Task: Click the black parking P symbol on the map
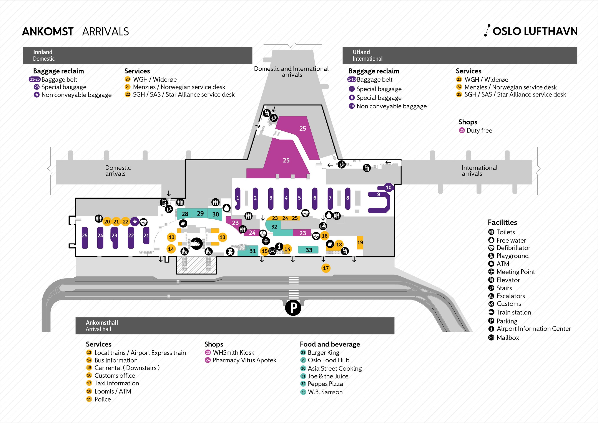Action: pos(293,308)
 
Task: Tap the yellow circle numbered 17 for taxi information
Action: pos(326,268)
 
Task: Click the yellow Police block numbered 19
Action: pos(360,242)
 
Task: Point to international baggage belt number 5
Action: pos(299,198)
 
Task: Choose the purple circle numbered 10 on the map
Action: pos(388,187)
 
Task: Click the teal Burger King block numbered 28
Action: pos(185,214)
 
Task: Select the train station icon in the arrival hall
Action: pos(196,244)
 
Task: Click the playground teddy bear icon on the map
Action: pos(230,252)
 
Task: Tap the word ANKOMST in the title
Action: pos(48,32)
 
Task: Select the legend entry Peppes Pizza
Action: pos(325,384)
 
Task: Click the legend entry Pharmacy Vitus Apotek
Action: pos(244,360)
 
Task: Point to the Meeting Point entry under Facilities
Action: pos(515,272)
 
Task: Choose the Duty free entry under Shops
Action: pos(479,131)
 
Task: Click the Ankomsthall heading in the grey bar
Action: pos(102,322)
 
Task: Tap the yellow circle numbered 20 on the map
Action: pos(107,222)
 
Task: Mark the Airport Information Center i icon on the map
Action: pos(279,246)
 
